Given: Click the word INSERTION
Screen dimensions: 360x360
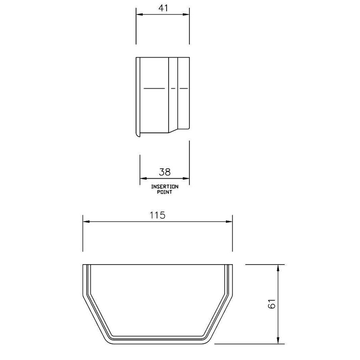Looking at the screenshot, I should click(x=164, y=186).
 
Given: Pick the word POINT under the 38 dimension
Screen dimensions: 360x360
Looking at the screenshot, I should click(x=164, y=192).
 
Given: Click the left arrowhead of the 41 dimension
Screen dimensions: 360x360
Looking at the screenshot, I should click(x=139, y=14).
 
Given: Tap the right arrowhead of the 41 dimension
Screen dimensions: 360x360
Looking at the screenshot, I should click(x=186, y=14).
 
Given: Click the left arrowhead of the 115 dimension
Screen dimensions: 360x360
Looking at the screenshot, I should click(x=86, y=221).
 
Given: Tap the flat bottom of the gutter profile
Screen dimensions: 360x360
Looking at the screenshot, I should click(x=157, y=338).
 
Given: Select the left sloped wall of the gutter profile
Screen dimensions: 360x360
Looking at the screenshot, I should click(x=94, y=317).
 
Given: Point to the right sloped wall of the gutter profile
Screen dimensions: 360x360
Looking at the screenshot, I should click(x=220, y=317).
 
